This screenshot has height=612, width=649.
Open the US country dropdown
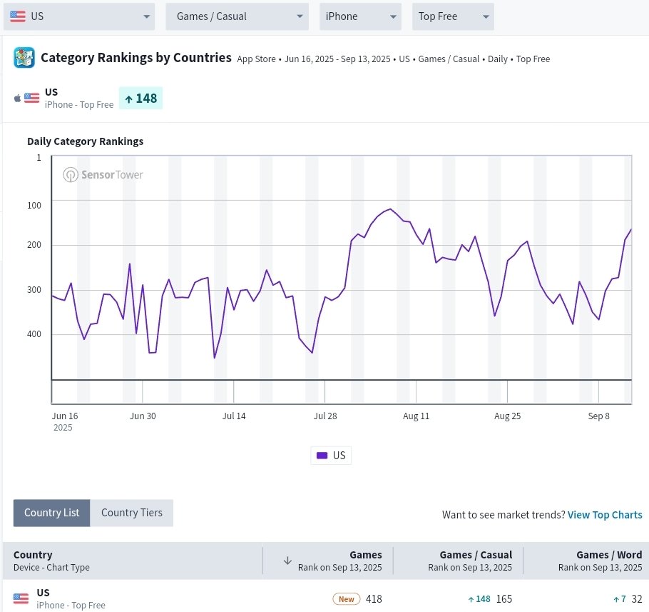click(79, 16)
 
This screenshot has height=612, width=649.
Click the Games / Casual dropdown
click(237, 16)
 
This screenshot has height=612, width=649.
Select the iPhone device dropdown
click(360, 16)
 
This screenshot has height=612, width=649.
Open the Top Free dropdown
click(453, 16)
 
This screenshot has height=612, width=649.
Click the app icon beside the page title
click(24, 57)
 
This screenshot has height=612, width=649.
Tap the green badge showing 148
click(140, 99)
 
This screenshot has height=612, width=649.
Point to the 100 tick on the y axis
click(34, 205)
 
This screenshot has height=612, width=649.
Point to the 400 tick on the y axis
click(34, 334)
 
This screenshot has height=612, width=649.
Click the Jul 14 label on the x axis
click(234, 416)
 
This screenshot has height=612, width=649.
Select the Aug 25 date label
click(508, 416)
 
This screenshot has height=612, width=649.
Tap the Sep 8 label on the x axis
click(598, 416)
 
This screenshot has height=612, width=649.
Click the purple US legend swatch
click(322, 456)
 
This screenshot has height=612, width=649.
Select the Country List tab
click(52, 513)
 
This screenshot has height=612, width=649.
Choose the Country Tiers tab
click(132, 513)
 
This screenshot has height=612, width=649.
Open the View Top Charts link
click(605, 515)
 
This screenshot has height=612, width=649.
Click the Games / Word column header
click(609, 555)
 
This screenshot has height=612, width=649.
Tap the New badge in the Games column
click(347, 599)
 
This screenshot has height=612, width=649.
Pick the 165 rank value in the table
click(504, 599)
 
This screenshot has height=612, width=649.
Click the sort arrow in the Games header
click(287, 561)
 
